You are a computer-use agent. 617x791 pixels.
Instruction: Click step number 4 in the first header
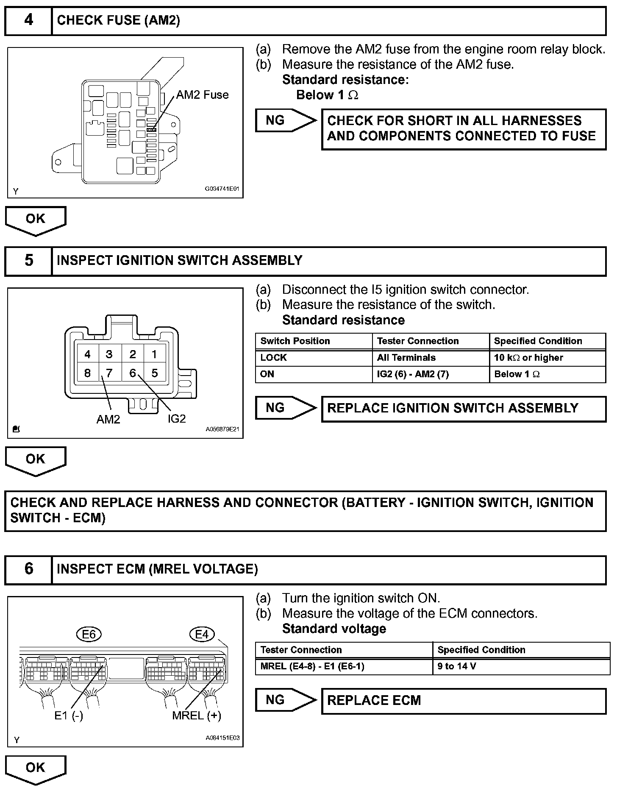[28, 20]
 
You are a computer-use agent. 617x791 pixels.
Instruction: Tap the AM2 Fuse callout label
[202, 95]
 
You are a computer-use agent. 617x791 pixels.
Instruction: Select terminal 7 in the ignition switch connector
[109, 373]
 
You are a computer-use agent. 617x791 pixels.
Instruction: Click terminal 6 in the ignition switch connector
[133, 373]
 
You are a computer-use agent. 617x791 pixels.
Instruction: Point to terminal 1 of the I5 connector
[154, 354]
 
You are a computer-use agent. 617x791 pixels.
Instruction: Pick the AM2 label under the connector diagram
[108, 419]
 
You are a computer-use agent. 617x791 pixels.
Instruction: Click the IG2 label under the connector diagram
[176, 419]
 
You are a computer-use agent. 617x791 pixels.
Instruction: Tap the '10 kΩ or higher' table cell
[528, 358]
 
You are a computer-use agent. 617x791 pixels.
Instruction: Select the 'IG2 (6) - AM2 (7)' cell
[413, 374]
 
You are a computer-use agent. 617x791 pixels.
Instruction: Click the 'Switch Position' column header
[295, 341]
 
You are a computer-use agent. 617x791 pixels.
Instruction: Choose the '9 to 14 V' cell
[457, 666]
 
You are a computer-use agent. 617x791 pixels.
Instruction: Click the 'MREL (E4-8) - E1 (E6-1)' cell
[312, 666]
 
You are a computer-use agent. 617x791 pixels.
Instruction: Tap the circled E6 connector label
[89, 634]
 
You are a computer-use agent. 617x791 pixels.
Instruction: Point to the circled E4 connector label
[202, 634]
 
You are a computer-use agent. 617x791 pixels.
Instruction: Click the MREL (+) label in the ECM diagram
[197, 716]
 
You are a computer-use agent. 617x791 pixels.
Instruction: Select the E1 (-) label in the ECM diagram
[69, 716]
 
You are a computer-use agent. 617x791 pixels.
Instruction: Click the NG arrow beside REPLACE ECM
[285, 700]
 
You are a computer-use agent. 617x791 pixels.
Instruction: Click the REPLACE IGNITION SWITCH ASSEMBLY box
[464, 409]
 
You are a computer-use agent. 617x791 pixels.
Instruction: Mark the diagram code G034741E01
[222, 189]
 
